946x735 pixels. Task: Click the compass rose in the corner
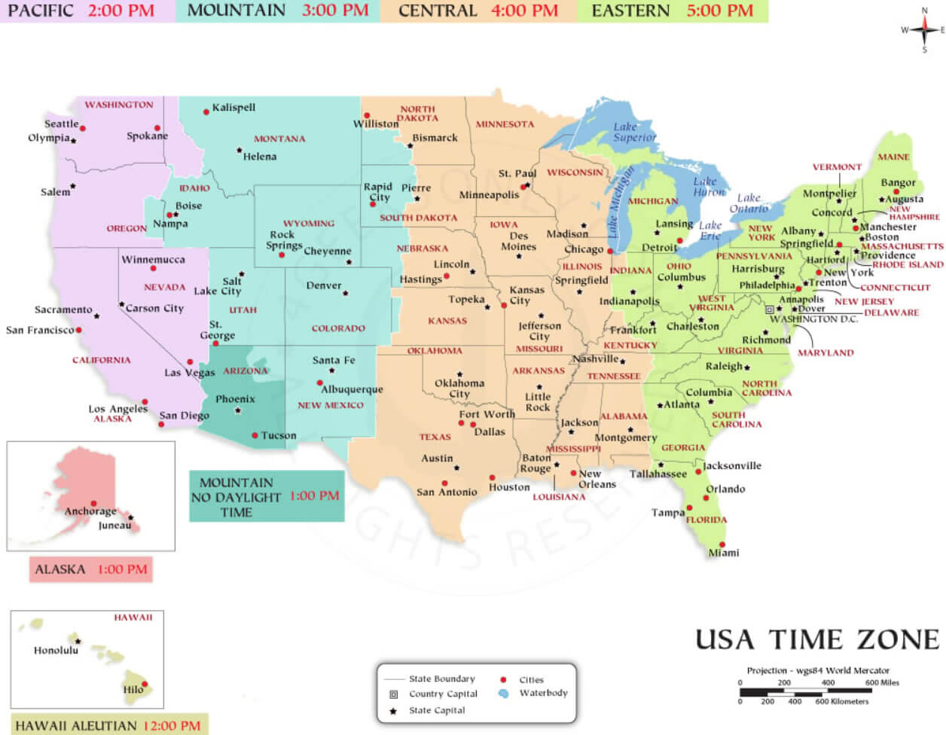coord(924,30)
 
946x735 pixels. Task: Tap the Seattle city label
coord(61,124)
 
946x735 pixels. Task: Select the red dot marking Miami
coord(722,544)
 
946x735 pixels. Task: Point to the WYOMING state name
coord(309,224)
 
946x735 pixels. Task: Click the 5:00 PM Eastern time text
coord(719,11)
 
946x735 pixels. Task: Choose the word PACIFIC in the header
coord(41,11)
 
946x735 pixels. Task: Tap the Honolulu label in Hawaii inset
coord(56,650)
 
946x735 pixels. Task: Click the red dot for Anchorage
coord(93,503)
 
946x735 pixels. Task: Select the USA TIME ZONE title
coord(817,639)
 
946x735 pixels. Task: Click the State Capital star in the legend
coord(392,711)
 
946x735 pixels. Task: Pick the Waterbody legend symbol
coord(503,693)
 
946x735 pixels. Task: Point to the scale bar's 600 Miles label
coord(882,682)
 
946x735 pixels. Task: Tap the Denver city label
coord(324,285)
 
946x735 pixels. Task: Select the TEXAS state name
coord(435,437)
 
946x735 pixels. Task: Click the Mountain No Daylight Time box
coord(267,497)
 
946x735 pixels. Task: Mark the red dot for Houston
coord(492,477)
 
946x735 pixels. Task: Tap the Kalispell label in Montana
coord(233,108)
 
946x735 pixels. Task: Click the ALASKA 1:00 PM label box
coord(91,569)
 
